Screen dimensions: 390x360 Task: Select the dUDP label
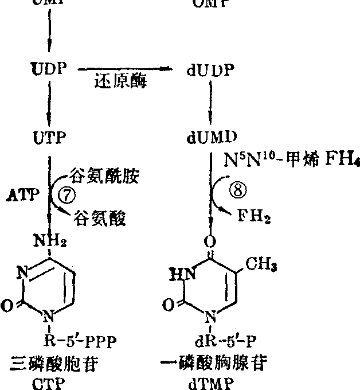(x=211, y=71)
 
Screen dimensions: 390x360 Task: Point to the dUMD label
(x=212, y=138)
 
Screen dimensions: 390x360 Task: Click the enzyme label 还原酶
(x=120, y=82)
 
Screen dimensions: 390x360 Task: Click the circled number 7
(x=68, y=196)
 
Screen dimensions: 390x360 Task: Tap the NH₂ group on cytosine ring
(x=51, y=241)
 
